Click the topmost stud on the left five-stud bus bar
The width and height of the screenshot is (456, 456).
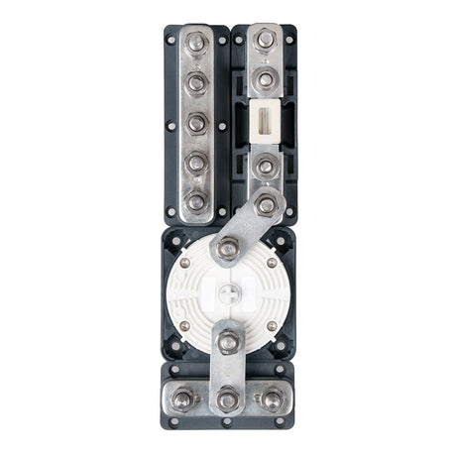pos(196,46)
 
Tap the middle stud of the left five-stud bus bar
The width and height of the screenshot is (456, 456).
pos(196,123)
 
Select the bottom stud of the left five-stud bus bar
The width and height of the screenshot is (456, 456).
pos(196,201)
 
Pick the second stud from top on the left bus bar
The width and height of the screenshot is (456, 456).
pos(196,83)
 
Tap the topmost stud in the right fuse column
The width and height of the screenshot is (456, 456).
pos(265,41)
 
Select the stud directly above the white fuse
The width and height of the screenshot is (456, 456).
pos(265,80)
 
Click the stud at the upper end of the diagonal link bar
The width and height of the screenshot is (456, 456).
pos(265,205)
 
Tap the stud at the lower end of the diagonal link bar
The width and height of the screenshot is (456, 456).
pos(228,250)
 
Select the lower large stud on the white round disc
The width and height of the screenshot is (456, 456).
pos(228,342)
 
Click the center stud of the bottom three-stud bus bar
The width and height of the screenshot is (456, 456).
pos(228,400)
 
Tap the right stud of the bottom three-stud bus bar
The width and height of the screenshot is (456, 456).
pos(271,400)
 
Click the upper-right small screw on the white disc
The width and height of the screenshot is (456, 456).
pos(272,264)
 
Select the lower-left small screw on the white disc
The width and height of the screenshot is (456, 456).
pos(185,326)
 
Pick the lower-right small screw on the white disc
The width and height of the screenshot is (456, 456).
pos(272,326)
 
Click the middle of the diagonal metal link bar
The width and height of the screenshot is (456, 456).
pos(247,228)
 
